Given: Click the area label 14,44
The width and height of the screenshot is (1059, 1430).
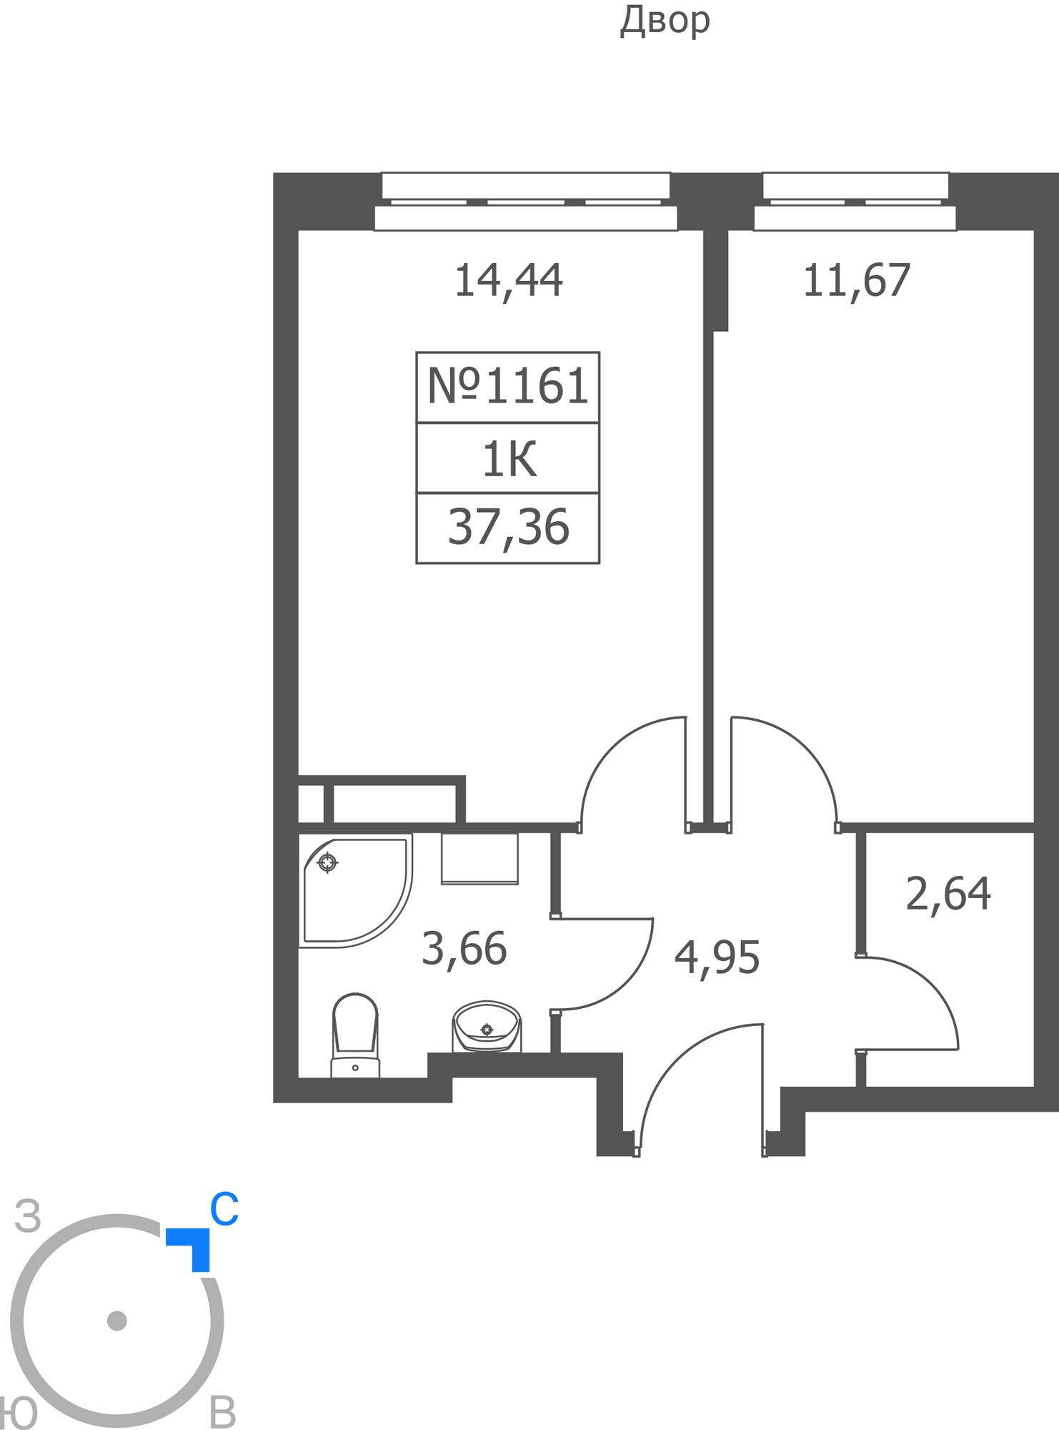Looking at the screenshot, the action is pos(508,281).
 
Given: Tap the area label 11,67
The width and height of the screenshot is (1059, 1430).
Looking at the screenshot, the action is pos(856,280).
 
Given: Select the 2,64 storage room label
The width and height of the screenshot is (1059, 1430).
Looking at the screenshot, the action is pos(948,894).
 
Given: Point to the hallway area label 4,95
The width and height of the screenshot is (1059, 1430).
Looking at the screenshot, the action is pos(717,957).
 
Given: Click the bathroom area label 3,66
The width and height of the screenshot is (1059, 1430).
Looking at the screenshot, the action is pos(464,949).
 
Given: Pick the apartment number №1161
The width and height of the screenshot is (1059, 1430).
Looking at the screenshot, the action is pos(507,387).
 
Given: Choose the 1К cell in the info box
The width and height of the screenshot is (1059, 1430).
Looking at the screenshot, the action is pos(509,459).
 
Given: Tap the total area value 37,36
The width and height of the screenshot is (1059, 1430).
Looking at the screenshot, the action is pos(508,527).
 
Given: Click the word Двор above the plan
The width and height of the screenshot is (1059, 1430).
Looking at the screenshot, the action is pos(665,21).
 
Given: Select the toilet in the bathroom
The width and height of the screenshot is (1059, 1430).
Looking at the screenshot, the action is pos(355,1035).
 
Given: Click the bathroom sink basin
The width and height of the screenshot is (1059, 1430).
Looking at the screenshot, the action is pos(487,1026).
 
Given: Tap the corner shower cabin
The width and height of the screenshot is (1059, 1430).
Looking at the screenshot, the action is pos(356,890).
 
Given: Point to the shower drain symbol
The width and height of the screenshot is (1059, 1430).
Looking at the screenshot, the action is pos(327,863).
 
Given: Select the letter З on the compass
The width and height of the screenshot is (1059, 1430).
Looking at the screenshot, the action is pos(28,1217).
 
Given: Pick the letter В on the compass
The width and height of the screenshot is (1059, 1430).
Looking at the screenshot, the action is pos(222,1412).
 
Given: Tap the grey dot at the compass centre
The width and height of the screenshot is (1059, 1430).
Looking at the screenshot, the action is pos(116,1321).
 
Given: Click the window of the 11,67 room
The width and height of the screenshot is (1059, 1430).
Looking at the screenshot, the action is pos(855,202).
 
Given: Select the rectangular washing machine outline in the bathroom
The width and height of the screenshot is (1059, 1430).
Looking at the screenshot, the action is pos(479,859).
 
